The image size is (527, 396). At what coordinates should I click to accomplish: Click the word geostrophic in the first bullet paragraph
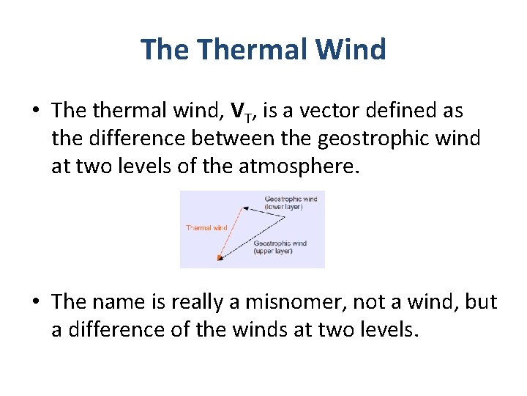(x=383, y=139)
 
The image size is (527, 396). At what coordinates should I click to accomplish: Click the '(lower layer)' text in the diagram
(x=283, y=207)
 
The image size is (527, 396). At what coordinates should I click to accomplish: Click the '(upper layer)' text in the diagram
(x=273, y=251)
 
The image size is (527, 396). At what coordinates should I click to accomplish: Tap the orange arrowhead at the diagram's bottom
(x=218, y=257)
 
